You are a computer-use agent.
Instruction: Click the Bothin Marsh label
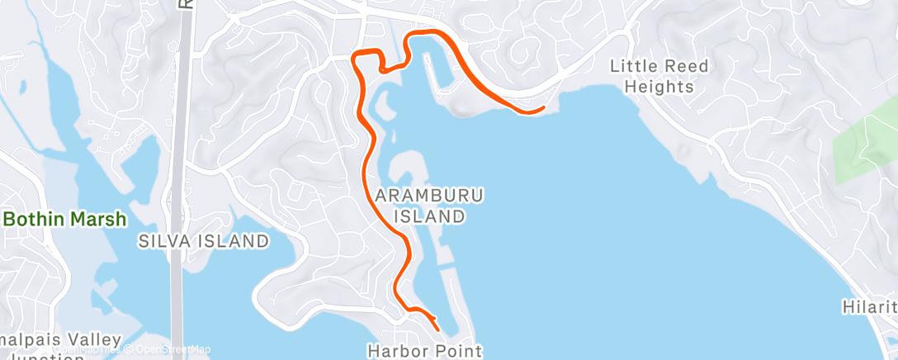[x=66, y=220]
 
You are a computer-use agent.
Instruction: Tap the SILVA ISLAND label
[x=204, y=241]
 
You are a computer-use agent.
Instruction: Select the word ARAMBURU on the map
[x=429, y=196]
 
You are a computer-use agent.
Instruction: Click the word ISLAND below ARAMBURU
[x=429, y=216]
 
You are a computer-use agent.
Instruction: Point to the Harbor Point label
[x=424, y=350]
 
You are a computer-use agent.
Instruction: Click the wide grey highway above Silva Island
[x=177, y=165]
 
